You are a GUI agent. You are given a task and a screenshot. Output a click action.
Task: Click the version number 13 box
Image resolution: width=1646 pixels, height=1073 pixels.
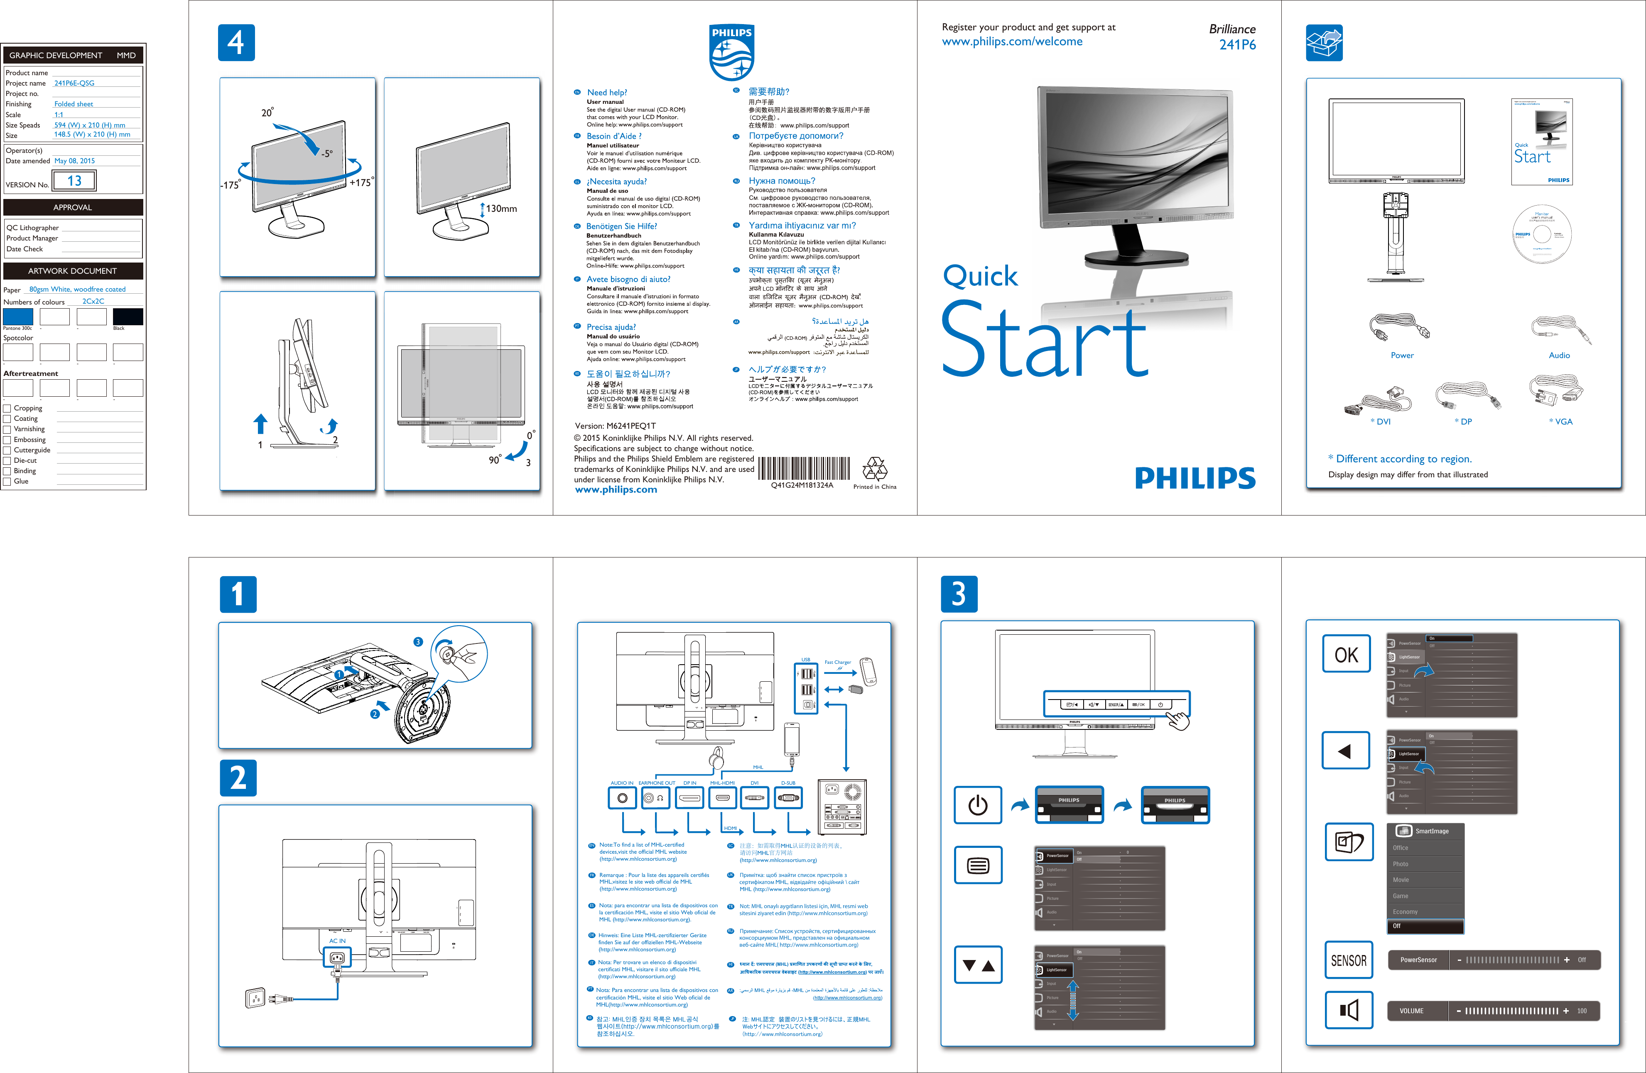(x=75, y=181)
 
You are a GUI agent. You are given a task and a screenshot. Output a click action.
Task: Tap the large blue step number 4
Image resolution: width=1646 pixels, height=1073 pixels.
(x=236, y=43)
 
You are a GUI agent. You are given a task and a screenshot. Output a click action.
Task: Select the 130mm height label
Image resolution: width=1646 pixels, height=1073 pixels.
(x=501, y=208)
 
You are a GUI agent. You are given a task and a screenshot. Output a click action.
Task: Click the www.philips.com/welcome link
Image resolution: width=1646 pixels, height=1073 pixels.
(x=1012, y=42)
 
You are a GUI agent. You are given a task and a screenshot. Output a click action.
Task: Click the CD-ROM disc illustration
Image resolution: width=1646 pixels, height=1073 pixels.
(x=1542, y=234)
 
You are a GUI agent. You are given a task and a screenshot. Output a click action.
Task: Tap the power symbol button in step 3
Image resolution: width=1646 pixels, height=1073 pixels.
(x=977, y=805)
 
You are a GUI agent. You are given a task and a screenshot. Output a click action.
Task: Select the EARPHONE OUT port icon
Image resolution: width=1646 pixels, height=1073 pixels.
(x=654, y=798)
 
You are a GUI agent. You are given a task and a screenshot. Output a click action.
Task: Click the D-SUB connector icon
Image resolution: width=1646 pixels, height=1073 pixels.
(x=788, y=798)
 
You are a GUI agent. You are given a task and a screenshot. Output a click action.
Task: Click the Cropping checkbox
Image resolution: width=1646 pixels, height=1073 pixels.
(x=7, y=408)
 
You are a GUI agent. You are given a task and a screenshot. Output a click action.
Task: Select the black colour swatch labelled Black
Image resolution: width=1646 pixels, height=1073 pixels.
(x=128, y=317)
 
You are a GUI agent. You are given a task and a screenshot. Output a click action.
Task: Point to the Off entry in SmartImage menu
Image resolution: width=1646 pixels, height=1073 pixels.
(x=1425, y=926)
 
